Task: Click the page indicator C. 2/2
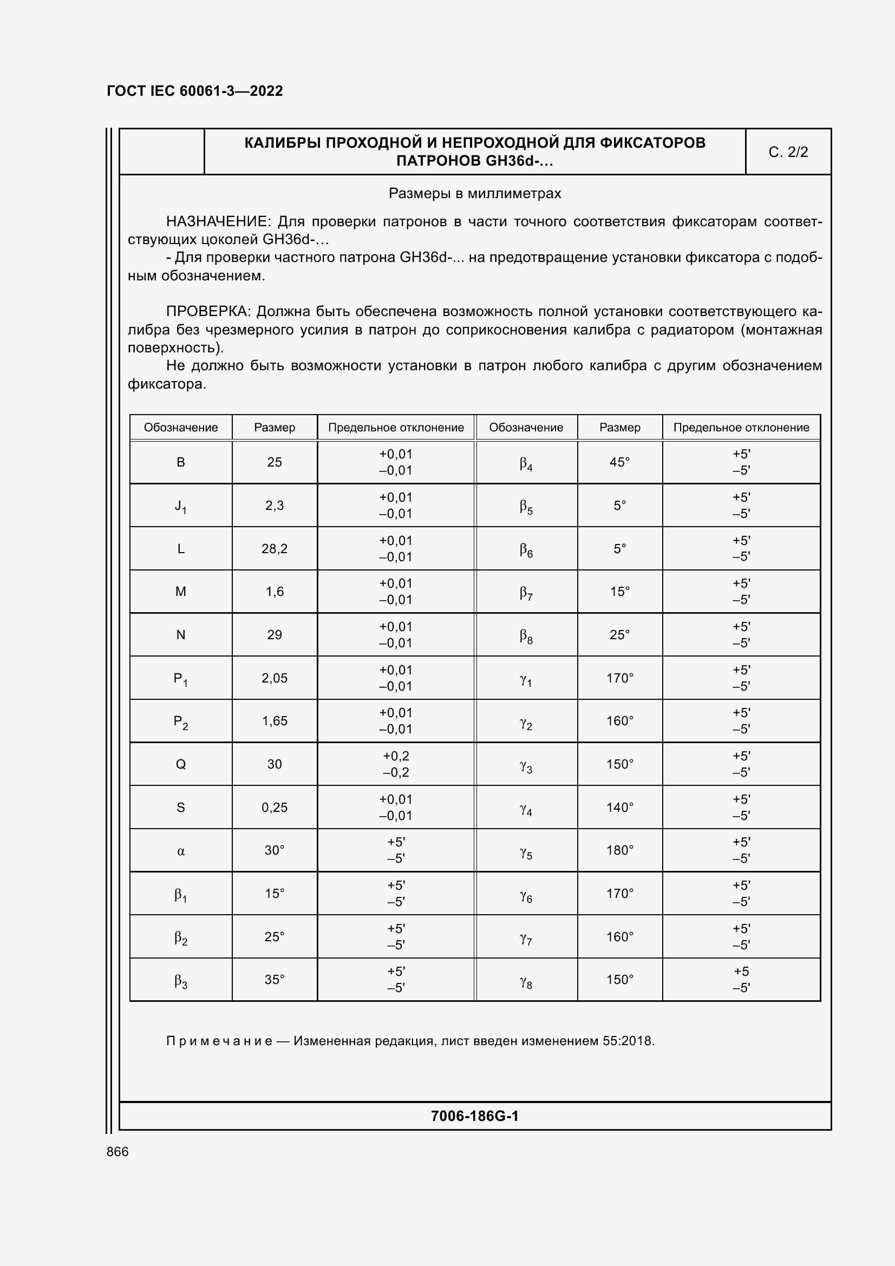coord(787,152)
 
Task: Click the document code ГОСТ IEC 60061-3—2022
coord(195,91)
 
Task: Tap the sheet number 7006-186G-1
coord(474,1116)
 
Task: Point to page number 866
coord(117,1152)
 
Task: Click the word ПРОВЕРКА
coord(208,312)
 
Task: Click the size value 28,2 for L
coord(274,549)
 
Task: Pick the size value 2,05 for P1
coord(274,678)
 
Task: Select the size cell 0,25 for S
coord(274,807)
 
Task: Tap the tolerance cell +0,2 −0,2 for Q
coord(395,764)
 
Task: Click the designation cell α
coord(181,851)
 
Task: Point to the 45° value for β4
coord(619,462)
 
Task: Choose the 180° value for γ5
coord(619,850)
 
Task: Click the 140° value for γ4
coord(619,807)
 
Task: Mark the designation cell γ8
coord(526,980)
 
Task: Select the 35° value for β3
coord(274,980)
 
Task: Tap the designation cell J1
coord(181,506)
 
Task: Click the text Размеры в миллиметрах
coord(474,194)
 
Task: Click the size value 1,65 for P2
coord(274,721)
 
